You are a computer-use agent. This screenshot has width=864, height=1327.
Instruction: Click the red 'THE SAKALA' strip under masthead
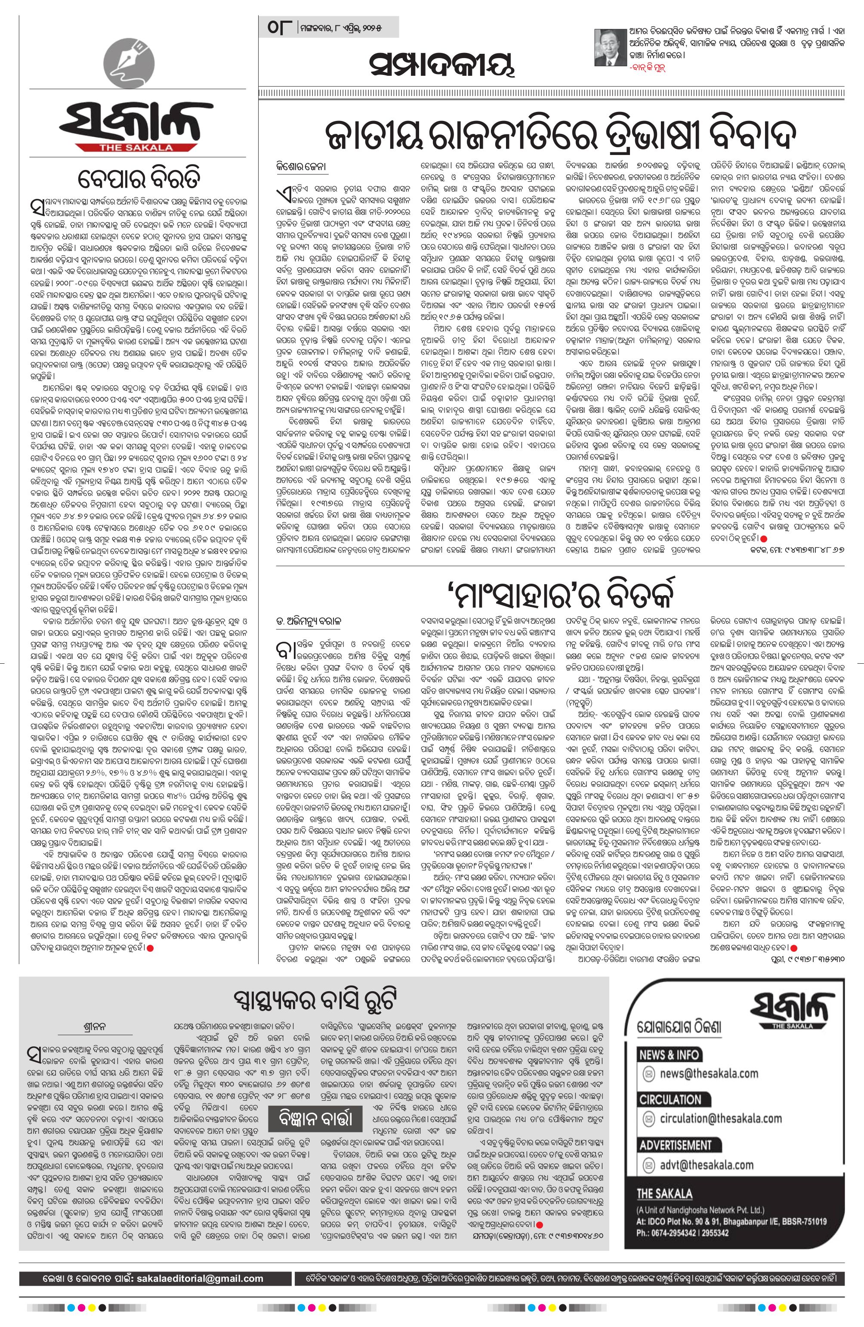click(x=136, y=147)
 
